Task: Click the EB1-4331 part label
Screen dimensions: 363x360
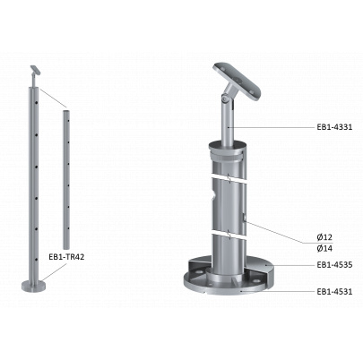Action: (334, 127)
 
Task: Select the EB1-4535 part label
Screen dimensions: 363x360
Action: (334, 264)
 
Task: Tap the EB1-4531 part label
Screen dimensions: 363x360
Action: (334, 291)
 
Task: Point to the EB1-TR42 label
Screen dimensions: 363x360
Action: (66, 257)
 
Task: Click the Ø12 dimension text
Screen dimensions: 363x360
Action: (324, 237)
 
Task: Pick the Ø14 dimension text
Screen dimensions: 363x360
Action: (324, 248)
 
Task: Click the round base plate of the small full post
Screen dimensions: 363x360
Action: (33, 286)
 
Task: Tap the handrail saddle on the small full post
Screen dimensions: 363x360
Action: (36, 71)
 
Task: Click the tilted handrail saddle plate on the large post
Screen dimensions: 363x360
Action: (238, 80)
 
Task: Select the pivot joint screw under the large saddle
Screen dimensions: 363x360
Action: (224, 98)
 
